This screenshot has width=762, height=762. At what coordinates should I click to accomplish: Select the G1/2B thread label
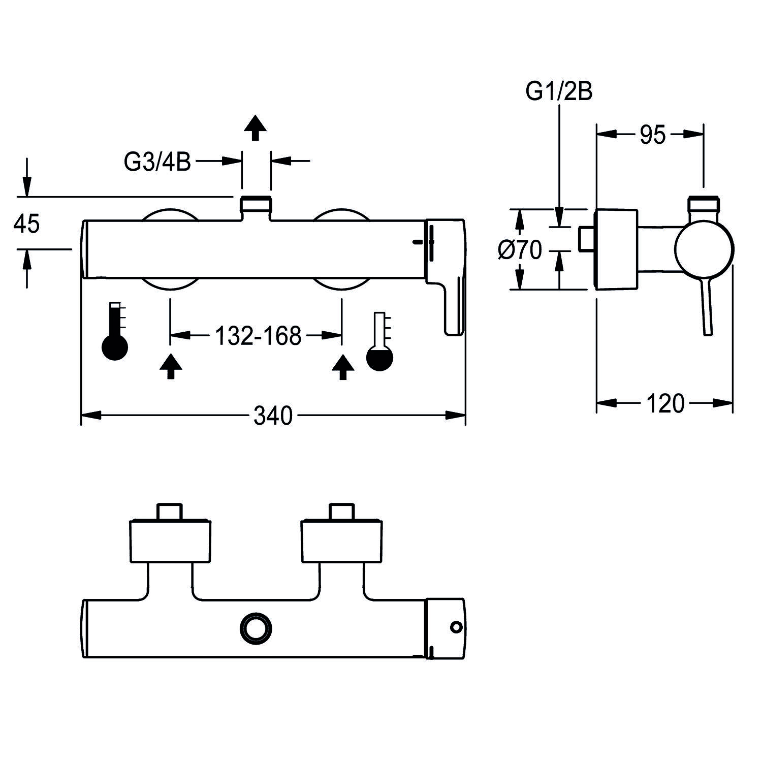559,92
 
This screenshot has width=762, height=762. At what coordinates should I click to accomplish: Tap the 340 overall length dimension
273,416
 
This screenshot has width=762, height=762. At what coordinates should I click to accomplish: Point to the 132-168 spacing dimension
258,336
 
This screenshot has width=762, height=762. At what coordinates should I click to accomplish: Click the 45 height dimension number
26,224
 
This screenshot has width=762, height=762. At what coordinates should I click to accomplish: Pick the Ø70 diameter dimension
520,250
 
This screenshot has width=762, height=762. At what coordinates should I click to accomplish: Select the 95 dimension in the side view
652,135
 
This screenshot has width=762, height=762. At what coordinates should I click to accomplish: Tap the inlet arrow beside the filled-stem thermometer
171,366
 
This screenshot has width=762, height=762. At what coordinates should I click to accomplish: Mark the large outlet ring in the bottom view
256,628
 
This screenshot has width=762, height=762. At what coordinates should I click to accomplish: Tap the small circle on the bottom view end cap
456,628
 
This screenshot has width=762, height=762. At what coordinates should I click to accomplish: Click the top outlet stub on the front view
256,206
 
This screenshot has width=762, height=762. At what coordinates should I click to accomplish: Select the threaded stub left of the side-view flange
586,239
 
